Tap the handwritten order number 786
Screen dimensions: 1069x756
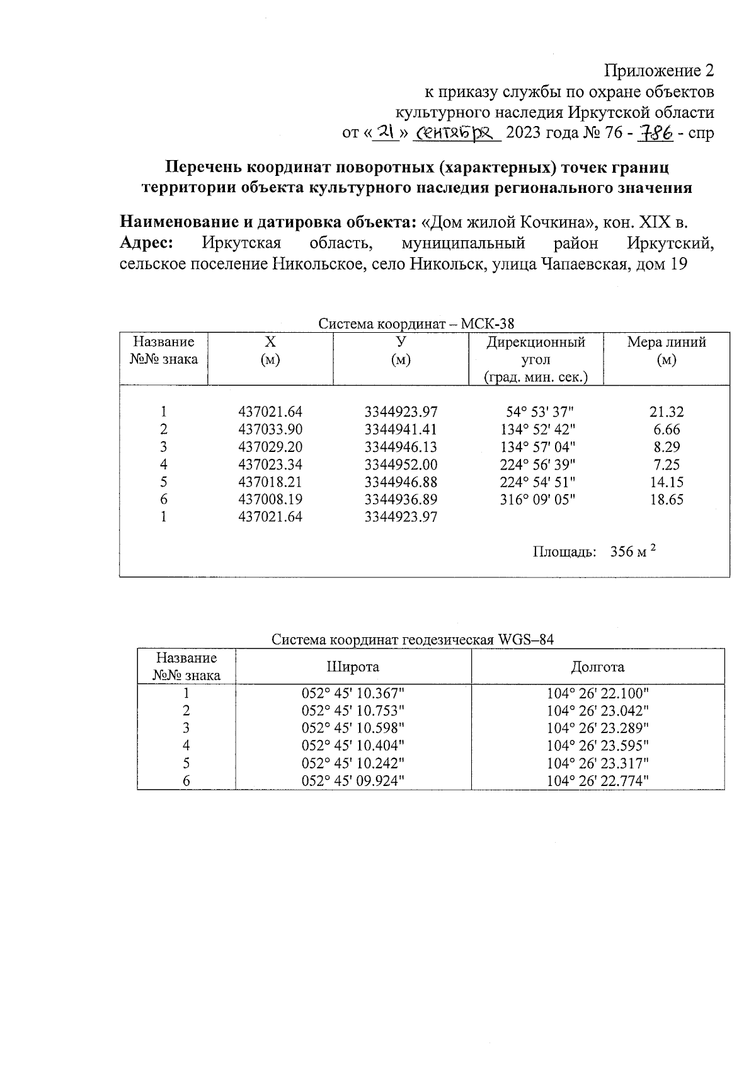(656, 133)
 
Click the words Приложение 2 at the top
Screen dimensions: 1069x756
(659, 70)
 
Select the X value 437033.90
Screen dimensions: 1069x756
(270, 430)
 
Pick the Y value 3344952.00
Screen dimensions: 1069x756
(401, 465)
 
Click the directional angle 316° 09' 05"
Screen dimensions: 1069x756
(535, 500)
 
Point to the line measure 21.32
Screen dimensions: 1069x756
(667, 412)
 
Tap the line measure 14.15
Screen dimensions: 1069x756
(667, 483)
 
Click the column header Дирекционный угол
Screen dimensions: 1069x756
(535, 350)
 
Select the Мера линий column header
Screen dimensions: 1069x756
(667, 343)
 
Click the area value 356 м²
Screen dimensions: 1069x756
(633, 552)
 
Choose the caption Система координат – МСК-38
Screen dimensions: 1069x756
(416, 325)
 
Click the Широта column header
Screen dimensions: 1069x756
(353, 667)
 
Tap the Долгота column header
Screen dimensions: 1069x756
(597, 667)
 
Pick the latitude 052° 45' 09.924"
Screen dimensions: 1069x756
(353, 782)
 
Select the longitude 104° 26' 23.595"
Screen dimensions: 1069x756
(597, 746)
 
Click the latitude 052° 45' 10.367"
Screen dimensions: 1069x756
(353, 694)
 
